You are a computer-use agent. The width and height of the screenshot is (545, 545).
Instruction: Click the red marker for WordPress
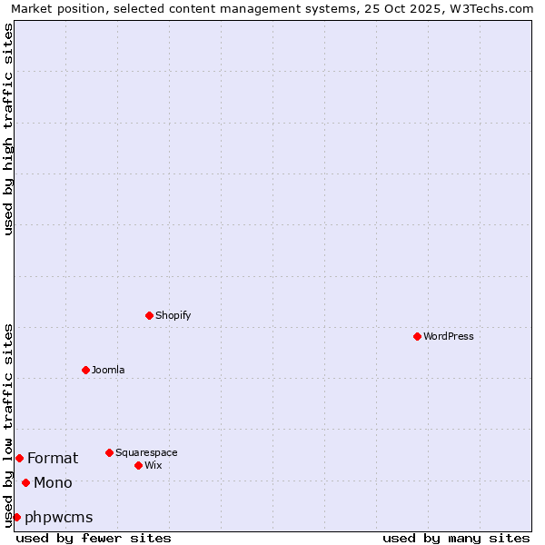417,336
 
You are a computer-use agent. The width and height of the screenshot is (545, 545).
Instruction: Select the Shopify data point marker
149,315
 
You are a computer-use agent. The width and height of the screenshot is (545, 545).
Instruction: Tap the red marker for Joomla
85,370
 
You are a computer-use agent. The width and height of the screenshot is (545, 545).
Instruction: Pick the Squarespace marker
109,452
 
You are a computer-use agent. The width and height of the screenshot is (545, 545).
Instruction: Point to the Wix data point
138,465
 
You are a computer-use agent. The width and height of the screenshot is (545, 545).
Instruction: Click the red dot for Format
19,458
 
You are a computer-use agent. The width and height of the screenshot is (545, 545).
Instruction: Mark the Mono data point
25,482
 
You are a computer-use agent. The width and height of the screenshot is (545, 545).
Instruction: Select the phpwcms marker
16,517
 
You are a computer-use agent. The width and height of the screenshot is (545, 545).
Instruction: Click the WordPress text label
449,336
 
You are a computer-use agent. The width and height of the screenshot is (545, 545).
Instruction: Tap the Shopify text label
173,315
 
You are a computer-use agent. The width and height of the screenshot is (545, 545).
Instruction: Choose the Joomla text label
108,370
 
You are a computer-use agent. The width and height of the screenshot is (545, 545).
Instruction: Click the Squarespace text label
146,452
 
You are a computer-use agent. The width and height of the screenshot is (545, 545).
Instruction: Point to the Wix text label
154,465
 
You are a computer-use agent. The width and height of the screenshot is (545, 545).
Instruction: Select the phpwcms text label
59,517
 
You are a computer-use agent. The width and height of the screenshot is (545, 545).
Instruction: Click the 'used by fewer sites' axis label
94,538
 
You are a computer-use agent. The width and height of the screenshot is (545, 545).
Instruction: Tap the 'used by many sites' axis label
456,538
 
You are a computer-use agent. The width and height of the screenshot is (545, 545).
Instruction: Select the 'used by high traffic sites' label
8,129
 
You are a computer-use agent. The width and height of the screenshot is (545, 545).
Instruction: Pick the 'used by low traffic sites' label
8,424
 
